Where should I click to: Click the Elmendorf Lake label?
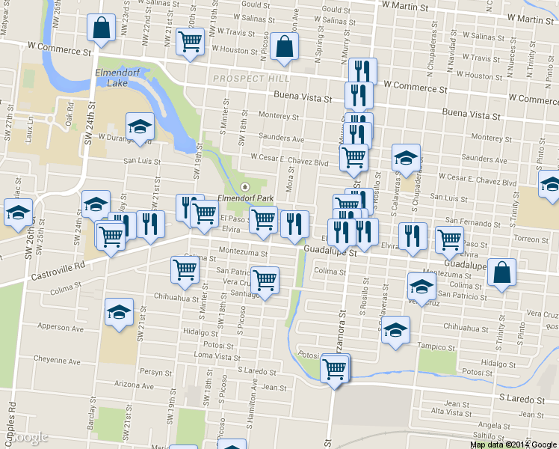(112, 78)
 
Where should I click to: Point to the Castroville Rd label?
(60, 270)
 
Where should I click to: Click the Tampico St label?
(435, 346)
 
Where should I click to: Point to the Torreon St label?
(532, 239)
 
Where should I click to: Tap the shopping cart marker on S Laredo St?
(335, 368)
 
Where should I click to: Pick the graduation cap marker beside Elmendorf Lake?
(139, 128)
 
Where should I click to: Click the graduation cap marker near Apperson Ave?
(118, 313)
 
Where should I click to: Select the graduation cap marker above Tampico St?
(395, 329)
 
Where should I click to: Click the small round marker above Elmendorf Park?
(244, 186)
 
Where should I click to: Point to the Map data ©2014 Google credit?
(513, 444)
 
